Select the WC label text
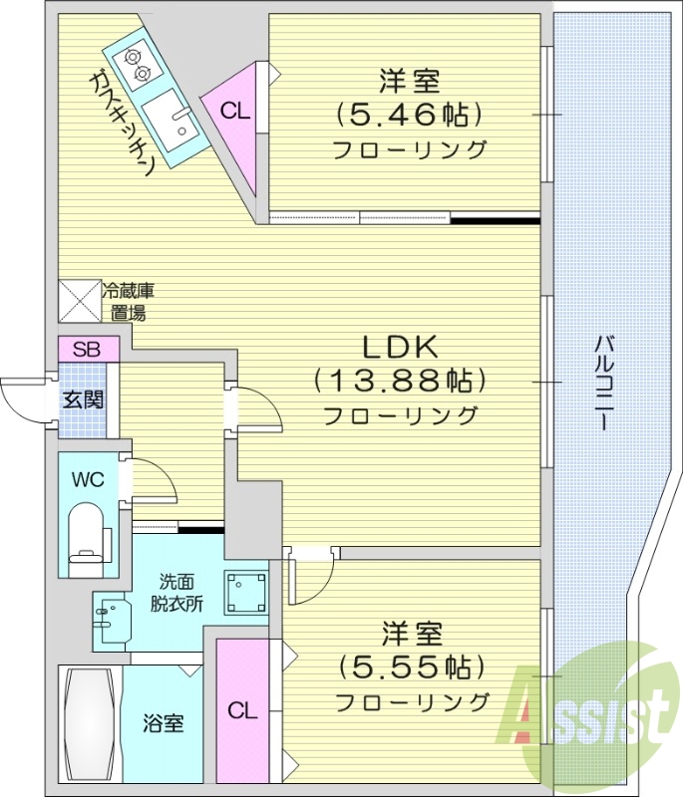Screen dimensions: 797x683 87,478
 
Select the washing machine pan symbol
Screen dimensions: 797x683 245,594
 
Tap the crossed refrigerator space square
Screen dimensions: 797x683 80,300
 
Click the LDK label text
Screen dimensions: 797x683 399,348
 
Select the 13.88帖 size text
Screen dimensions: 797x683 399,381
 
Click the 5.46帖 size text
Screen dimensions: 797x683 409,116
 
